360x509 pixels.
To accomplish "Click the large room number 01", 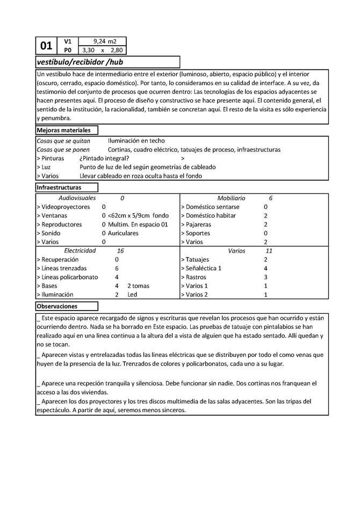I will pyautogui.click(x=47, y=46).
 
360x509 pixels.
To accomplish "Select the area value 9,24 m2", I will pyautogui.click(x=104, y=41).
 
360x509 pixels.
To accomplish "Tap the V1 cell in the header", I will pyautogui.click(x=67, y=41).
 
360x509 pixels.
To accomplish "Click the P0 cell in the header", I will pyautogui.click(x=67, y=50).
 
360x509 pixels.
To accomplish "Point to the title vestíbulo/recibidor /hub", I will pyautogui.click(x=80, y=61).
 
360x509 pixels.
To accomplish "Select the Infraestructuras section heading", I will pyautogui.click(x=59, y=188).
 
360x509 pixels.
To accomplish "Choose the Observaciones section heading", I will pyautogui.click(x=57, y=306).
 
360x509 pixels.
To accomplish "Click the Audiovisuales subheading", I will pyautogui.click(x=77, y=198).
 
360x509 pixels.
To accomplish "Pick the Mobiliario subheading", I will pyautogui.click(x=231, y=198).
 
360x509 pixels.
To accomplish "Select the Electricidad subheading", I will pyautogui.click(x=80, y=250).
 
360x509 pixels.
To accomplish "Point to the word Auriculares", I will pyautogui.click(x=123, y=233).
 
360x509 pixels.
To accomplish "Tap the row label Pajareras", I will pyautogui.click(x=198, y=225).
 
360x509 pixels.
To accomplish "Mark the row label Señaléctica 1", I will pyautogui.click(x=203, y=268).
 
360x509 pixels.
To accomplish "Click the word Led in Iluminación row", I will pyautogui.click(x=133, y=295).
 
